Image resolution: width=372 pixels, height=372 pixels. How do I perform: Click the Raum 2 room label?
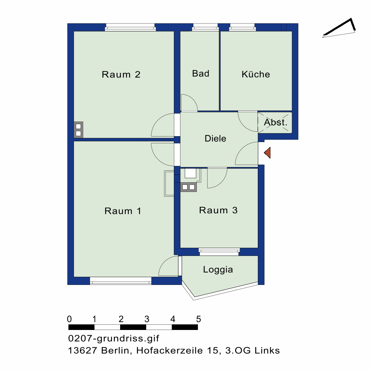pos(121,74)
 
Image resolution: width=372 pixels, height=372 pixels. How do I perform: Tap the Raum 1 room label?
pos(123,211)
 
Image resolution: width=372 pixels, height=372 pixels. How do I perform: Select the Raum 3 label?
pos(218,210)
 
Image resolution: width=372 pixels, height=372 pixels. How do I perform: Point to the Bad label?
pos(201,74)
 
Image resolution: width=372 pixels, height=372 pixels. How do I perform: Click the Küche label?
pos(256,74)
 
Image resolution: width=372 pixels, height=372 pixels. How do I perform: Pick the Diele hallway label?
pos(215,138)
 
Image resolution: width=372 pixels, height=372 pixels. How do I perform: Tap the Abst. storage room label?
pos(275,122)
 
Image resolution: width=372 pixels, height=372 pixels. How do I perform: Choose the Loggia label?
pos(218,270)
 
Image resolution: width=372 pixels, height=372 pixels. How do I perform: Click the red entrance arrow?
pos(267,153)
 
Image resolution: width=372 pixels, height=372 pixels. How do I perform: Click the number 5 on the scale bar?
pos(199,319)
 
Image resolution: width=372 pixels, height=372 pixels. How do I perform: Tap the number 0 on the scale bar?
pos(69,319)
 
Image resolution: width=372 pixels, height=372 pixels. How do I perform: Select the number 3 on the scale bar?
pos(147,319)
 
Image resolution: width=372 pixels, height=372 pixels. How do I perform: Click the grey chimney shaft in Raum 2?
pos(78,130)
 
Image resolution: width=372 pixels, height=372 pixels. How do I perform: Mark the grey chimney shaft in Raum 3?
pos(188,187)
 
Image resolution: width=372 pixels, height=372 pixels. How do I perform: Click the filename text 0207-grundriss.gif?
pos(113,339)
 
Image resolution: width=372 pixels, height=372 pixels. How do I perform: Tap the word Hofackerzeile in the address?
pos(169,350)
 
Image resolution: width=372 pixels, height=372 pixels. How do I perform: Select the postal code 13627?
pos(82,350)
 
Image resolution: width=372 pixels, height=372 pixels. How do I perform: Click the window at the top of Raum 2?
pos(130,27)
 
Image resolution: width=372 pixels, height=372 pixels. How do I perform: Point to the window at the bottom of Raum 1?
pos(121,281)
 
